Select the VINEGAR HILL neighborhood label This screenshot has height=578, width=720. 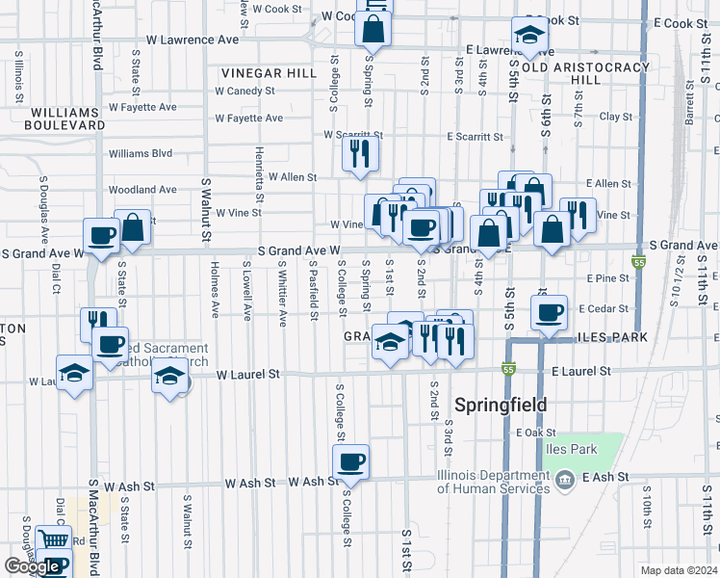point(269,73)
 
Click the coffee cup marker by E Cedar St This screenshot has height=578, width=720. point(550,313)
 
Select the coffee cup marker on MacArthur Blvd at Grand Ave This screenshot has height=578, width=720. point(102,235)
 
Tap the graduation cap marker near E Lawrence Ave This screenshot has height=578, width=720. point(528,36)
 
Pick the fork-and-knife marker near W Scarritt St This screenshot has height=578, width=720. point(360,152)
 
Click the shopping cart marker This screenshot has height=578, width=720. point(53,542)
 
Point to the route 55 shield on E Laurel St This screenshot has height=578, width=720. point(507,370)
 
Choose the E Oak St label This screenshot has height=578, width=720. point(531,433)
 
